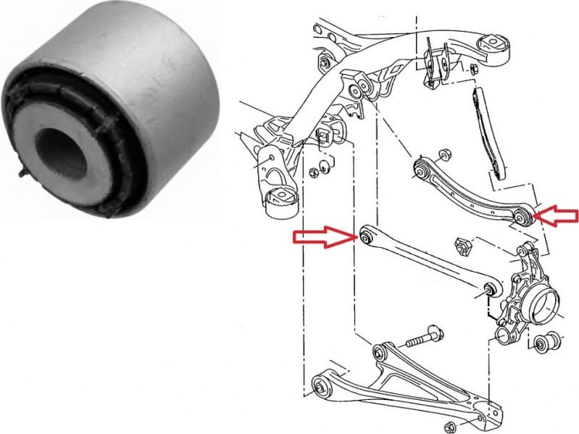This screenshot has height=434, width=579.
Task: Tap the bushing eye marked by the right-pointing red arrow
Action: coord(367,236)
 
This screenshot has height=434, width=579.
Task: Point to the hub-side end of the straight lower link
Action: coord(489,290)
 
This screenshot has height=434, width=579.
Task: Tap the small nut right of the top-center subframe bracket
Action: coord(472,69)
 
